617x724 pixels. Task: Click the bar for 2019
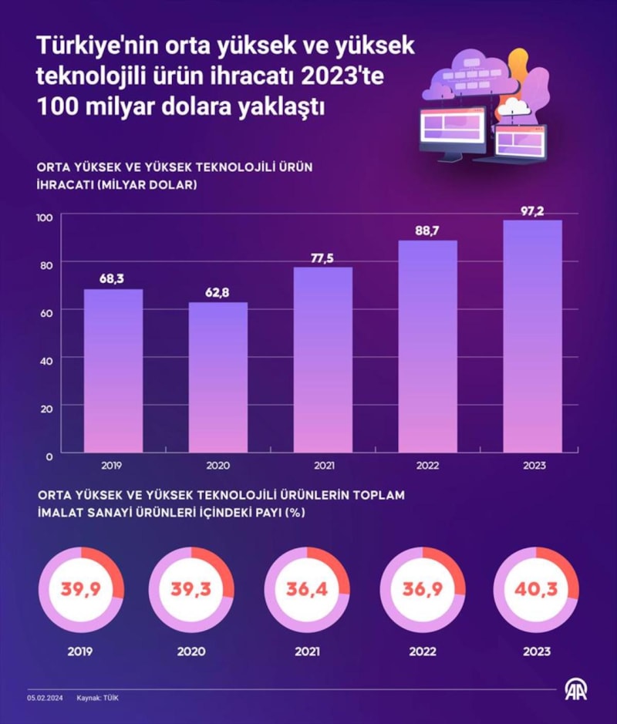[113, 370]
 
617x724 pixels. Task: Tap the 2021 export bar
[323, 359]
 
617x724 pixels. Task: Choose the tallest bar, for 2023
[533, 336]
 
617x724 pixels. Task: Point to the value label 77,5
[323, 258]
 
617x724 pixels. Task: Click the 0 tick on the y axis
[48, 456]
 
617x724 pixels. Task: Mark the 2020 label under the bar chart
[218, 466]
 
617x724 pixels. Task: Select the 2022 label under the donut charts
[422, 652]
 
